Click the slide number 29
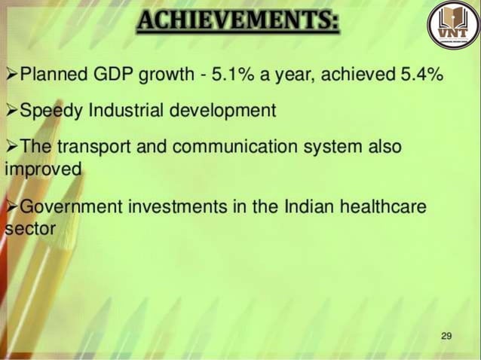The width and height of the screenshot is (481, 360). click(446, 335)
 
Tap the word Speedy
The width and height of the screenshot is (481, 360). click(51, 111)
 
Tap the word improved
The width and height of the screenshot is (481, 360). click(41, 168)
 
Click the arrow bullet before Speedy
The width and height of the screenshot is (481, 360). click(11, 111)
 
